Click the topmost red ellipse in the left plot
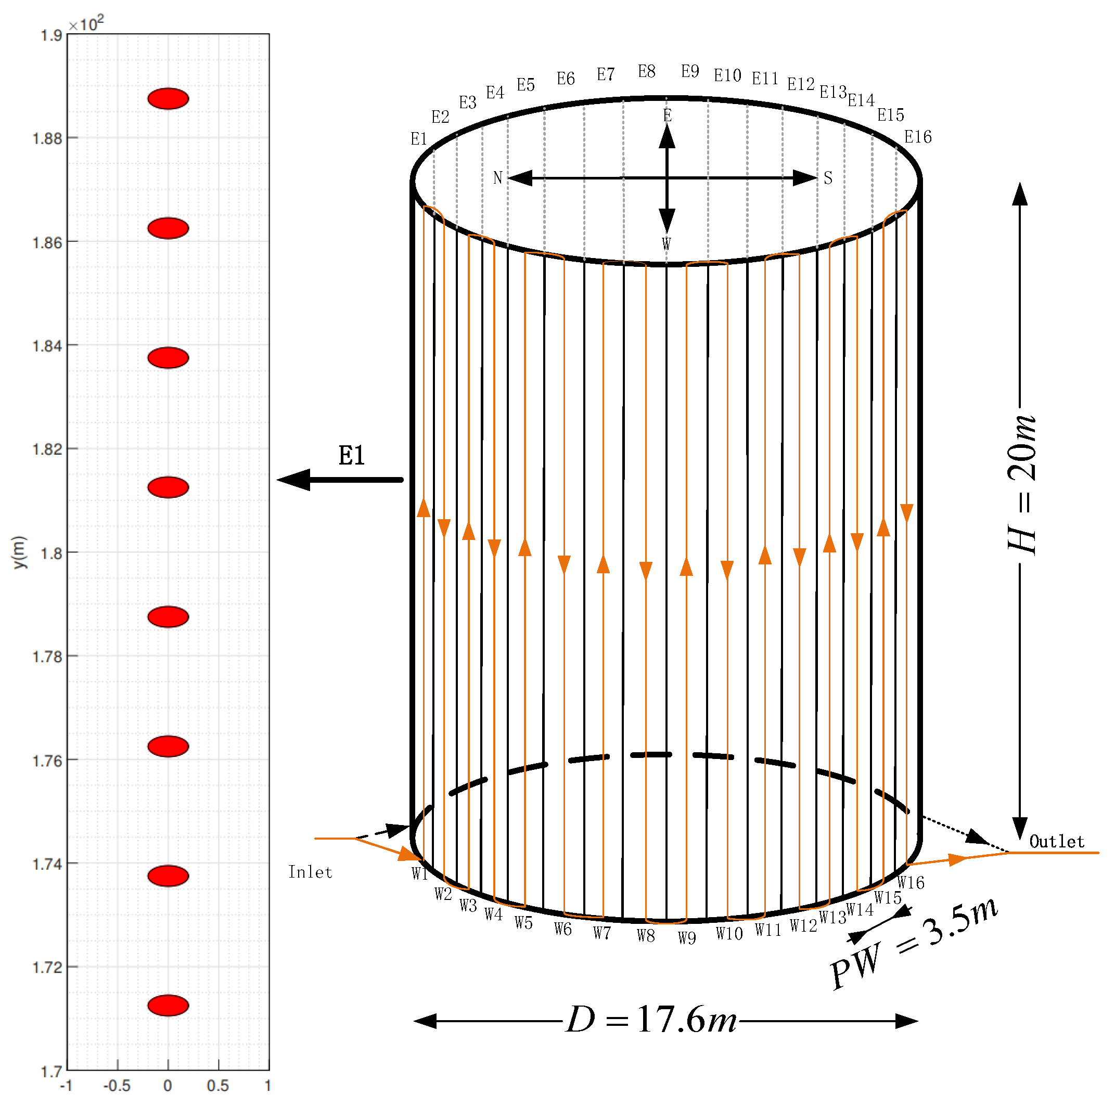[168, 99]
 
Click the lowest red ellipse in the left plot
[168, 1006]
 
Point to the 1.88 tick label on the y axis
[47, 138]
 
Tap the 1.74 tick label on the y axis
[47, 864]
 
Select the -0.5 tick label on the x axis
[117, 1086]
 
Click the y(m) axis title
[20, 552]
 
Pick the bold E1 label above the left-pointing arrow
[352, 456]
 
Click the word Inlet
[310, 872]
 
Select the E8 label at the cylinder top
[646, 72]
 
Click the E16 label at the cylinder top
[918, 137]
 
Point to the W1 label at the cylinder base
[419, 874]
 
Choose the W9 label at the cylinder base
[687, 938]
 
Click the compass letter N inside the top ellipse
[497, 178]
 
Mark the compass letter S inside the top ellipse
[828, 178]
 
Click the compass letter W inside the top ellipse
[667, 243]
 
